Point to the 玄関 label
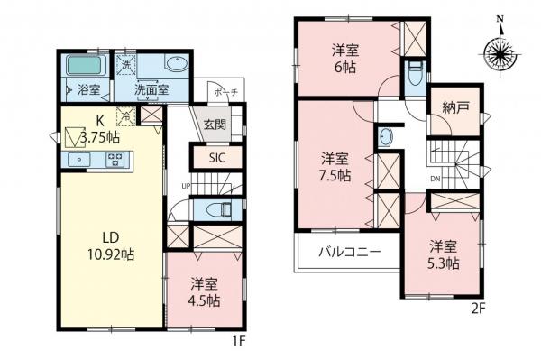click(x=215, y=125)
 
